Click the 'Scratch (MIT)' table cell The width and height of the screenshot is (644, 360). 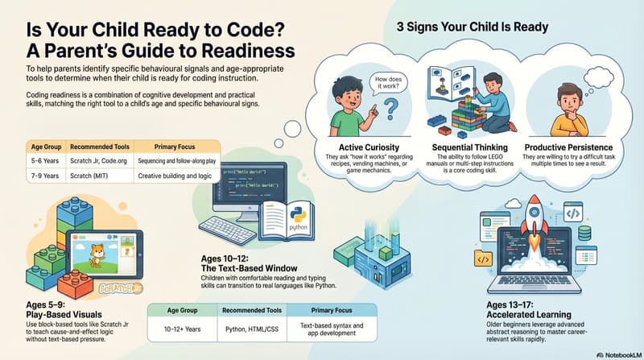pos(93,176)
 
